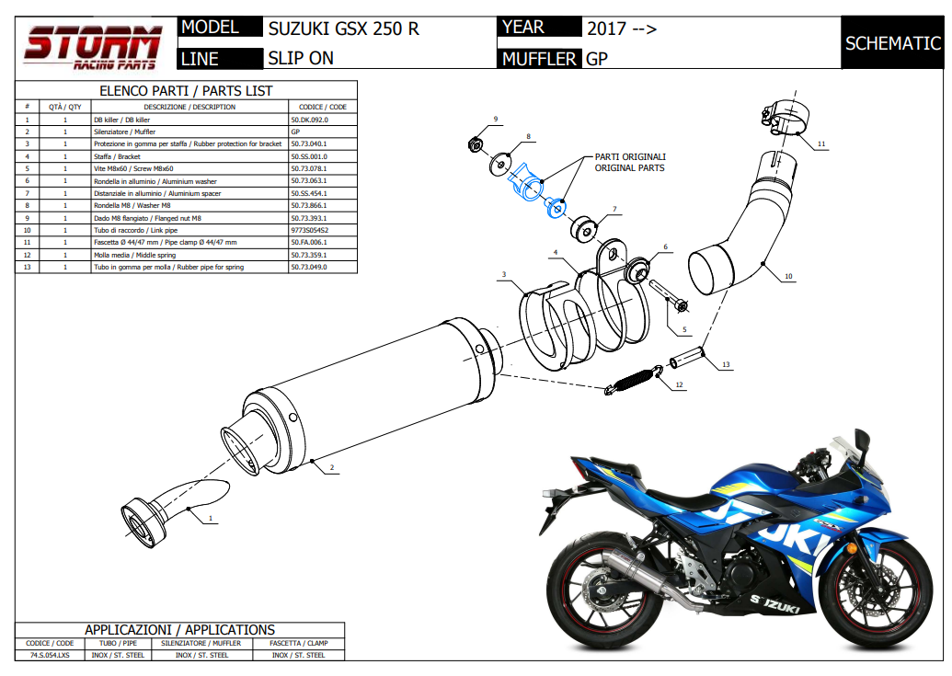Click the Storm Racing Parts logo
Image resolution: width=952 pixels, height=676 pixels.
tap(92, 46)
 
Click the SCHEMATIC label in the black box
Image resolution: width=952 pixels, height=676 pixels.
tap(892, 43)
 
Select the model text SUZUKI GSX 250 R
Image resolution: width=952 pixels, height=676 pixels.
tap(343, 28)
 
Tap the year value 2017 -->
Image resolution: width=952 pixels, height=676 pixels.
tap(622, 28)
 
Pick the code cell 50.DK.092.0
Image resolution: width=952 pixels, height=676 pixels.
tap(309, 120)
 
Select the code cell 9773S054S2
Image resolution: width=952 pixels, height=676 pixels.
tap(310, 230)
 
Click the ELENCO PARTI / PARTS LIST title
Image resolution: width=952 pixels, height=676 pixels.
tap(186, 91)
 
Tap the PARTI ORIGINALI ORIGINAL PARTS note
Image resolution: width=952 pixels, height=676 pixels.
tap(630, 162)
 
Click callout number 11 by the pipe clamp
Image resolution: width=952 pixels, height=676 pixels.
tap(821, 143)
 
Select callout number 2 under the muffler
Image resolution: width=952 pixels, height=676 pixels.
tap(332, 468)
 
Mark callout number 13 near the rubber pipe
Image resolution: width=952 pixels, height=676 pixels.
tap(726, 365)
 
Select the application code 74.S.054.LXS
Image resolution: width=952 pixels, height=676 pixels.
tap(50, 655)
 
